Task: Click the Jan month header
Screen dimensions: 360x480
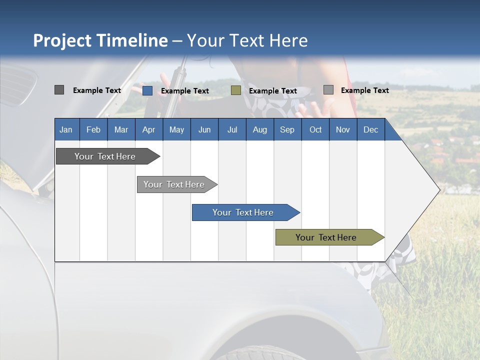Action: [x=66, y=129]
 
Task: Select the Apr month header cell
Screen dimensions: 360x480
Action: [x=149, y=129]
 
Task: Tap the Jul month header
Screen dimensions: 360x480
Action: [x=232, y=129]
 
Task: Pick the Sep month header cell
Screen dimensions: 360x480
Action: [x=287, y=129]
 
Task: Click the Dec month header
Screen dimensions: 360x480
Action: [x=370, y=129]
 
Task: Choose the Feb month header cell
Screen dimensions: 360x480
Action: [x=93, y=129]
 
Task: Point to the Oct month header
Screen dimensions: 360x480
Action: [x=315, y=129]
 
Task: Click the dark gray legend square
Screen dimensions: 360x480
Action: [x=59, y=90]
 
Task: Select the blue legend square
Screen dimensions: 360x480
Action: [x=147, y=90]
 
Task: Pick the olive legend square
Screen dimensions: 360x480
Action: [x=236, y=90]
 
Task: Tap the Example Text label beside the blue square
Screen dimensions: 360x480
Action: [x=184, y=91]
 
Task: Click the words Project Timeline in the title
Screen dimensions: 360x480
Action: [x=100, y=40]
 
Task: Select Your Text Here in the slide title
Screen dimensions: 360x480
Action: [x=247, y=40]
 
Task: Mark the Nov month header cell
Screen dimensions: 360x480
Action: [x=343, y=129]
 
